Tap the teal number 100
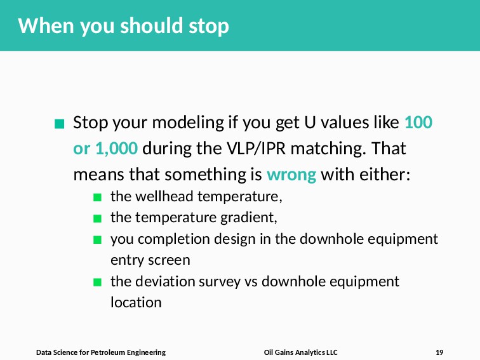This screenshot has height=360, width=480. (x=418, y=122)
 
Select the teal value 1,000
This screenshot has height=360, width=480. (x=117, y=149)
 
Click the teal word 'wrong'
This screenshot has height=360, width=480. (x=291, y=175)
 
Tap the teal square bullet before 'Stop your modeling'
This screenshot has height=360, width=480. (x=59, y=124)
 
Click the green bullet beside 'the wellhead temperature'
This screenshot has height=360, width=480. (x=97, y=197)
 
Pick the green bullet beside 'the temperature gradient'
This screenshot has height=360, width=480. (x=97, y=218)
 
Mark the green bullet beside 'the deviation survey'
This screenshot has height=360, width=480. (x=97, y=282)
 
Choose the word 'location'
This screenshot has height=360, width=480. (x=136, y=302)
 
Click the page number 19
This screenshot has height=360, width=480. (x=439, y=352)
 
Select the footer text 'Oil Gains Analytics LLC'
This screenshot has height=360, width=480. (x=300, y=352)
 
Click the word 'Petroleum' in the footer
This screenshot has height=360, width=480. (x=108, y=352)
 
